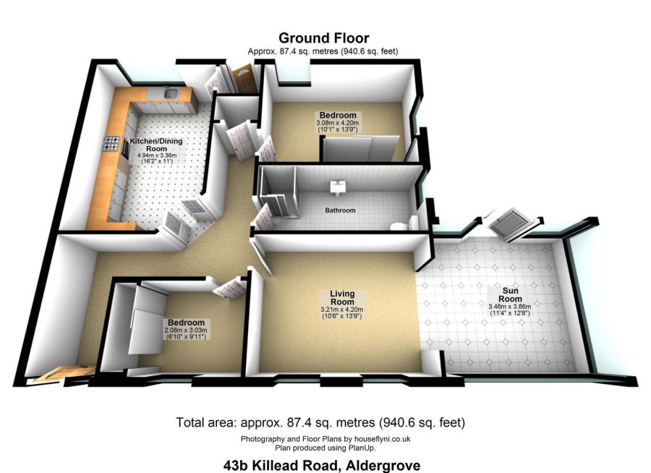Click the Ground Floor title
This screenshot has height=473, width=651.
[324, 38]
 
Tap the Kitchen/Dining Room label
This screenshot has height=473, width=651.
[156, 145]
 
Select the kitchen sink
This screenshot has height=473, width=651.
[171, 93]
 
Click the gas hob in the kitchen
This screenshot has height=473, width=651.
[111, 144]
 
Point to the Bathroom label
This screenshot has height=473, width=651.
[340, 210]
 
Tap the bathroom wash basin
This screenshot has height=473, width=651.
[337, 188]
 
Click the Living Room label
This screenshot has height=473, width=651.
[342, 298]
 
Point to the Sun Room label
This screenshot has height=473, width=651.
[510, 295]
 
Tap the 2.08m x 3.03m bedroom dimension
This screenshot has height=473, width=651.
[186, 331]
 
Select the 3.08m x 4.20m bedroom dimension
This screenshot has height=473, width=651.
[338, 124]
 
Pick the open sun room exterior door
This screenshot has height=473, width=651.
[511, 226]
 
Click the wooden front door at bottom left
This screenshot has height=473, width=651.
[64, 372]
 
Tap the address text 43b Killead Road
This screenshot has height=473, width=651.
[281, 465]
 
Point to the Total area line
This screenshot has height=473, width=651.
[320, 423]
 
